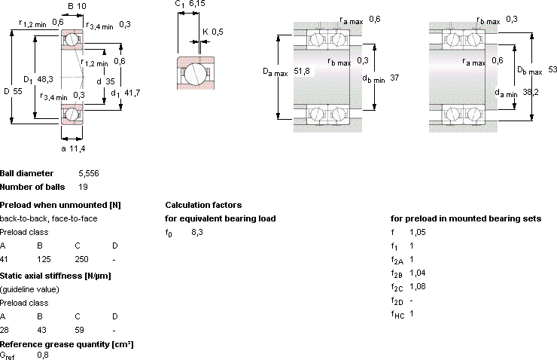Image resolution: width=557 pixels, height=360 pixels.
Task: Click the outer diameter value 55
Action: pos(18,91)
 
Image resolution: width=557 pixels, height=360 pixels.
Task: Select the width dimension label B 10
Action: pos(77,6)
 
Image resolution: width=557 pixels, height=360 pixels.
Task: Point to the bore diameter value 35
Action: pos(110,81)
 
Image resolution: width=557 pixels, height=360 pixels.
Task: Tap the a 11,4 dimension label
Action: pos(73,148)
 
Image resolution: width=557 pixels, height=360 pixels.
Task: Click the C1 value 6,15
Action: pos(197,4)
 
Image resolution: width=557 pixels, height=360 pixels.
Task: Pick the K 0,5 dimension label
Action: pos(213,32)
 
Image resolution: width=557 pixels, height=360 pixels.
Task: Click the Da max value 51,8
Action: pos(302,71)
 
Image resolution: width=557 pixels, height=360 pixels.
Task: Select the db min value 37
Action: pos(394,78)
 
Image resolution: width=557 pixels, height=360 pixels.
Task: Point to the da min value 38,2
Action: pos(531,92)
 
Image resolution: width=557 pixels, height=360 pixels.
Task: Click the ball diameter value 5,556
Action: pos(89,173)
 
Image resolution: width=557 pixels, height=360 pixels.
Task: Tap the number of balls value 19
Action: pos(83,187)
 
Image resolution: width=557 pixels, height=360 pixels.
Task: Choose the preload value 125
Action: pos(44,259)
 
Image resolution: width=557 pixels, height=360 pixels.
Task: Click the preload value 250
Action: pos(82,259)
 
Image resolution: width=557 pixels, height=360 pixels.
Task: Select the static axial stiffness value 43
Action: pos(42,330)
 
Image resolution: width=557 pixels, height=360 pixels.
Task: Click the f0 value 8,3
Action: pos(197,233)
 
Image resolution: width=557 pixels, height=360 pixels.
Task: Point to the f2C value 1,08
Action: pos(418,286)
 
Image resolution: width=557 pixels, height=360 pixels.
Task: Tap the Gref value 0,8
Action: pos(43,355)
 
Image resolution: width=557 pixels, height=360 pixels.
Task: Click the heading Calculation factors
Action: pos(203,205)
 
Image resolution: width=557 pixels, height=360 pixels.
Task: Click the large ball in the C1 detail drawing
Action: pos(194,74)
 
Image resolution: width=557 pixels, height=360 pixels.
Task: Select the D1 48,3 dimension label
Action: pos(38,79)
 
